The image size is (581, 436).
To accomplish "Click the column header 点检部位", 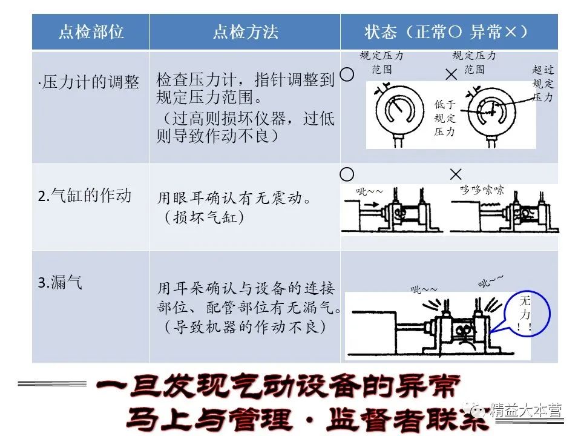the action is (91, 32).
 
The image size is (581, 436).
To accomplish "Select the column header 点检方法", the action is (245, 32).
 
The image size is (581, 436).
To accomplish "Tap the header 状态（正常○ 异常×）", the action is (448, 32).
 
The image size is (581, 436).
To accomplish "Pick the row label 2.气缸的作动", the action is (85, 196).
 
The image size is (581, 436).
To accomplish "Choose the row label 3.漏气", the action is (60, 282).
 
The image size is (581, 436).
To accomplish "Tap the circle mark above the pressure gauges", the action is (347, 74).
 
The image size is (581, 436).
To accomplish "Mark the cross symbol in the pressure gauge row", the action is (451, 75).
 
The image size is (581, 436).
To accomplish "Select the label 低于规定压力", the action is (445, 118).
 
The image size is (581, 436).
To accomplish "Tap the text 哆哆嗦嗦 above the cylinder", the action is (482, 190).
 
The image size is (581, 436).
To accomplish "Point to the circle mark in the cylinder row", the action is (347, 174).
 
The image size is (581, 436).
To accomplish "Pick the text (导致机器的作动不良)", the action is (245, 328).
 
